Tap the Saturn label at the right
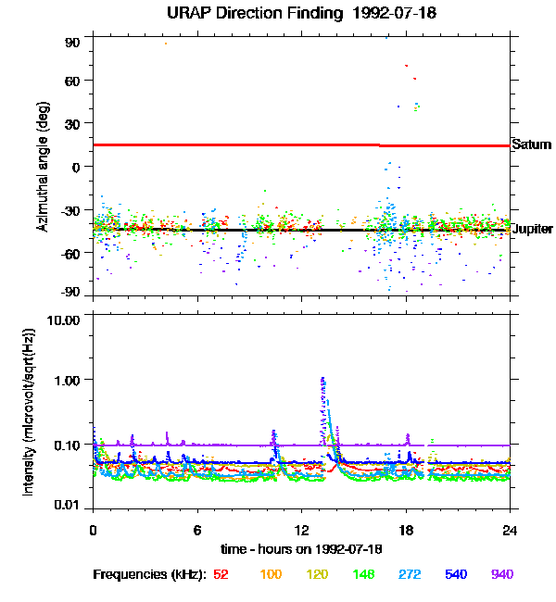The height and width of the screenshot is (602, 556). point(532,145)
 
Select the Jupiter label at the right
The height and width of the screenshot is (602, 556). point(532,229)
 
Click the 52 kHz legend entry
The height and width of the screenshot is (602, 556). point(221,575)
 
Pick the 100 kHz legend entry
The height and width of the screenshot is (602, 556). point(271,575)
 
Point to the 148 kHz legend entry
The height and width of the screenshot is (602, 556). point(365,575)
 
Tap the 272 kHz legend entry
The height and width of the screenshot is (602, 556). point(411,575)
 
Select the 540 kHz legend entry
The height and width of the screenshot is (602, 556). point(457,575)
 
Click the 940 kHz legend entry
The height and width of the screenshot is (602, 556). point(502,575)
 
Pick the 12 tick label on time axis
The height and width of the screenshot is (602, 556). point(301,531)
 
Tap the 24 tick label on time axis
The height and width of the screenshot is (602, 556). point(511,531)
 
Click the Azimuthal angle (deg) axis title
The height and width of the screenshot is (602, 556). point(43,168)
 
